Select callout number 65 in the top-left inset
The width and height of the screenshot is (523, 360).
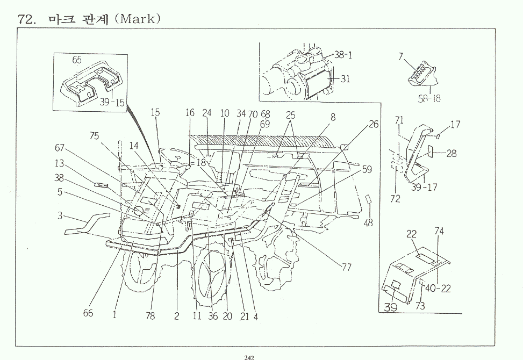[x=77, y=60]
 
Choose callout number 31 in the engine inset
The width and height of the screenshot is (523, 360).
[x=345, y=78]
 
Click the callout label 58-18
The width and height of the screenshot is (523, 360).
[x=429, y=98]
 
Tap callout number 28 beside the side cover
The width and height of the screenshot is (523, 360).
[x=452, y=153]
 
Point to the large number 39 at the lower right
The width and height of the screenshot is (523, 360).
[x=391, y=307]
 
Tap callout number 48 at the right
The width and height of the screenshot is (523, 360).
[x=368, y=223]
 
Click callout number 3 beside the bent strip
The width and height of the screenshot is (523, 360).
[x=60, y=216]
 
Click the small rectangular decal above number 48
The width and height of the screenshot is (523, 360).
[x=369, y=199]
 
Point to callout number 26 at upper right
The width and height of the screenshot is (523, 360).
[x=374, y=125]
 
